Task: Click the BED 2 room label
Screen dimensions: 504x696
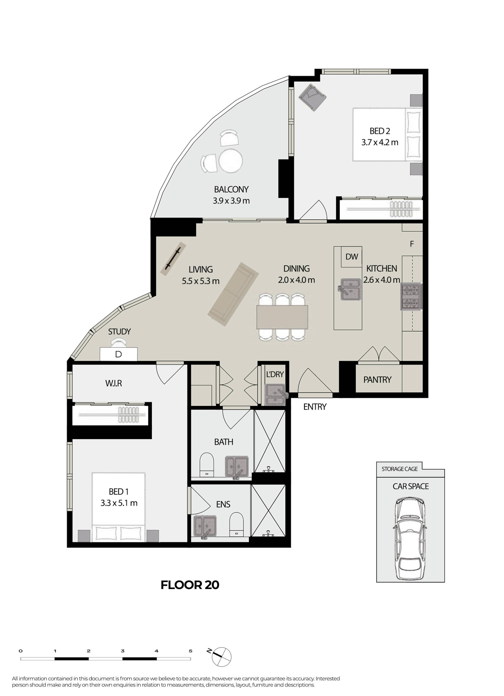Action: click(x=380, y=131)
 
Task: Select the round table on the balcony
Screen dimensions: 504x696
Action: click(x=231, y=161)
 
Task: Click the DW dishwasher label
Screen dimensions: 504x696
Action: click(x=352, y=256)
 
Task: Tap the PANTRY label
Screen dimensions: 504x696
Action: click(x=377, y=380)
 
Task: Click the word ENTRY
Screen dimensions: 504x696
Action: click(x=315, y=407)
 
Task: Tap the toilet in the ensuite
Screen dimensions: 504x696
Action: click(x=236, y=524)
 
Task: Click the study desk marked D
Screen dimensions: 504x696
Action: click(x=119, y=354)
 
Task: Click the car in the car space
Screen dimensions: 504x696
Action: click(x=410, y=539)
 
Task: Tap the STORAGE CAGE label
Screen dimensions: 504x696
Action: click(x=400, y=469)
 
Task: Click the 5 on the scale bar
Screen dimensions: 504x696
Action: click(x=190, y=651)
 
